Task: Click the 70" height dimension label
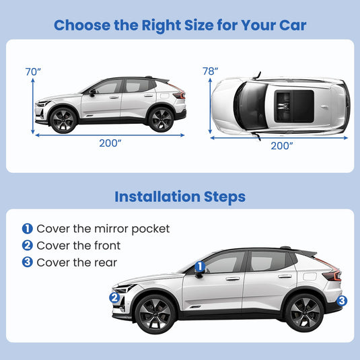click(x=33, y=71)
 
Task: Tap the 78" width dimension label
click(x=210, y=71)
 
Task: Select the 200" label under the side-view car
click(x=110, y=143)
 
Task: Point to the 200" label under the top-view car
click(x=282, y=146)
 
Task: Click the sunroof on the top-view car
click(x=294, y=106)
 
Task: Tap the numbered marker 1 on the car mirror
click(x=200, y=266)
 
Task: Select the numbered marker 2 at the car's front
click(x=114, y=298)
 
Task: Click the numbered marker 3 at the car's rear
click(x=342, y=301)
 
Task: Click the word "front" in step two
click(x=107, y=246)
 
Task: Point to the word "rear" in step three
click(x=106, y=263)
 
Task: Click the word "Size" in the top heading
click(x=199, y=25)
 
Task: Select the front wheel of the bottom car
click(x=155, y=314)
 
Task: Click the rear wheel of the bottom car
click(x=304, y=313)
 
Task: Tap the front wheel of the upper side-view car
click(x=63, y=120)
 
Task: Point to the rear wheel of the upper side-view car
click(x=161, y=119)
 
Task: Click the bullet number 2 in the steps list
click(x=28, y=246)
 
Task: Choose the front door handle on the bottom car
click(x=233, y=279)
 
